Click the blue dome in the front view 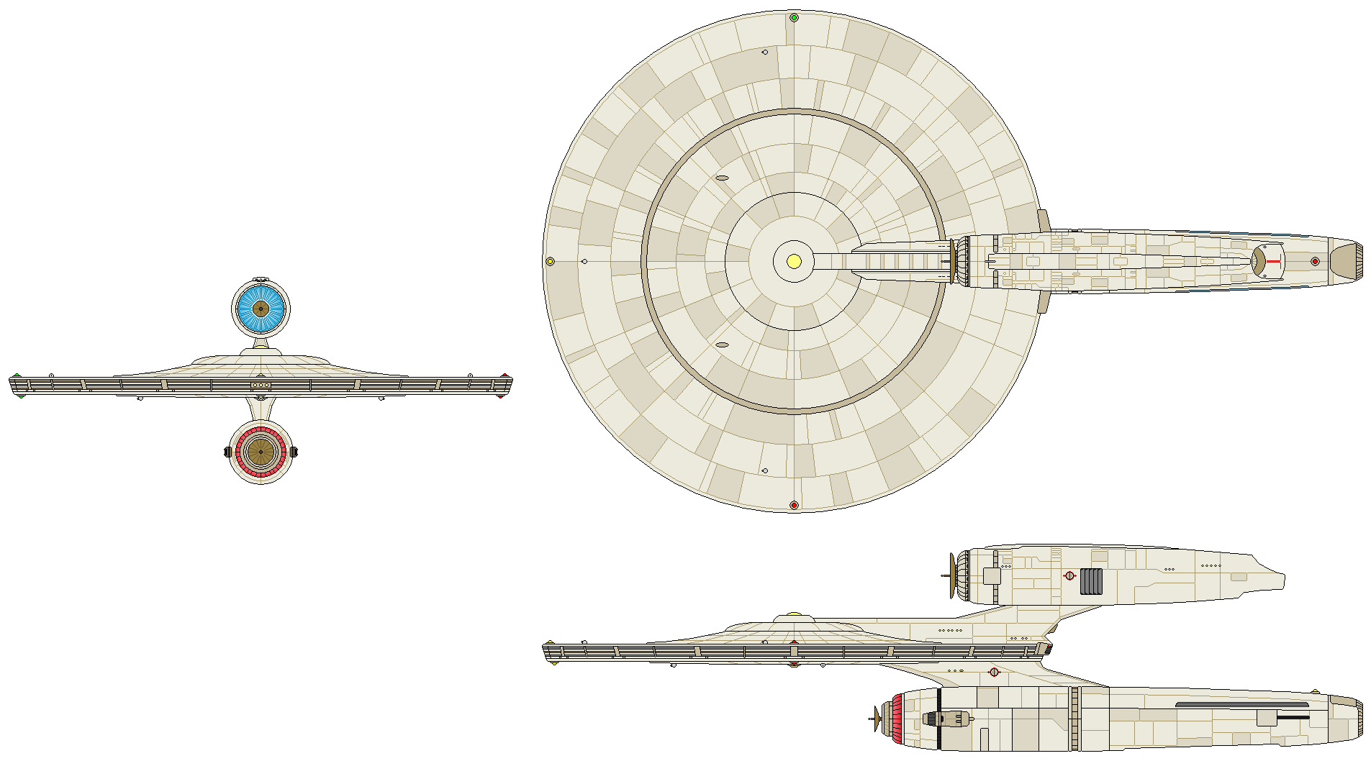pyautogui.click(x=261, y=309)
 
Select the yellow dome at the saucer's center pyautogui.click(x=794, y=261)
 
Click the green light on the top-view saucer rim pyautogui.click(x=794, y=17)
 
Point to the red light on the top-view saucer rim pyautogui.click(x=794, y=505)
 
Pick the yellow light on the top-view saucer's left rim pyautogui.click(x=551, y=261)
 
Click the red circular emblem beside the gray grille pyautogui.click(x=1069, y=575)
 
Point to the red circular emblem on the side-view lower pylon pyautogui.click(x=994, y=672)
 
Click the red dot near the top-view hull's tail pyautogui.click(x=1315, y=261)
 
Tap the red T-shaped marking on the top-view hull pyautogui.click(x=1272, y=261)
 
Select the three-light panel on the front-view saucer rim pyautogui.click(x=261, y=386)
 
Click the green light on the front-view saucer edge pyautogui.click(x=17, y=375)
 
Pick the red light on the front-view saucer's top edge pyautogui.click(x=504, y=376)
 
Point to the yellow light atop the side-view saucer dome pyautogui.click(x=794, y=614)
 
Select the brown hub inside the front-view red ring pyautogui.click(x=261, y=452)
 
